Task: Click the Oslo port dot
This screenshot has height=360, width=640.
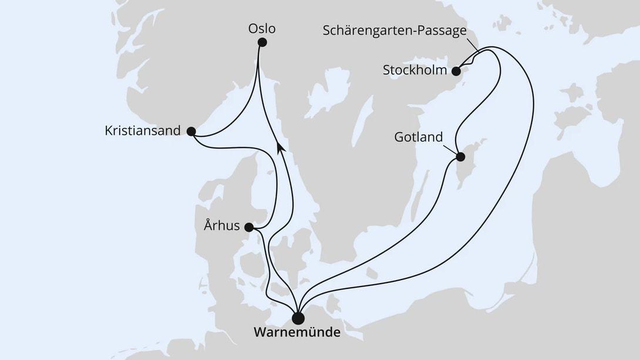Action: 262,42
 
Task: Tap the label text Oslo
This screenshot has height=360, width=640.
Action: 262,28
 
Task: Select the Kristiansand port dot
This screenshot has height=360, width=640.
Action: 190,132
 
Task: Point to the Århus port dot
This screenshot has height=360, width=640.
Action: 249,227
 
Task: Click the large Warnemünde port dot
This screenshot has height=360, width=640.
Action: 298,318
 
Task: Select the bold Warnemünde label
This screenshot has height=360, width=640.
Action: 297,333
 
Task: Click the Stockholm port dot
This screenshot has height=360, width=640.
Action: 456,71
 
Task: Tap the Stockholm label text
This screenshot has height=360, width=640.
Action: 415,70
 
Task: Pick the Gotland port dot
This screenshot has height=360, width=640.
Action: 460,157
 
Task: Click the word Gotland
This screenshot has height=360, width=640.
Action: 419,137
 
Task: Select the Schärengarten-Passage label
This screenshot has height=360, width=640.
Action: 395,30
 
